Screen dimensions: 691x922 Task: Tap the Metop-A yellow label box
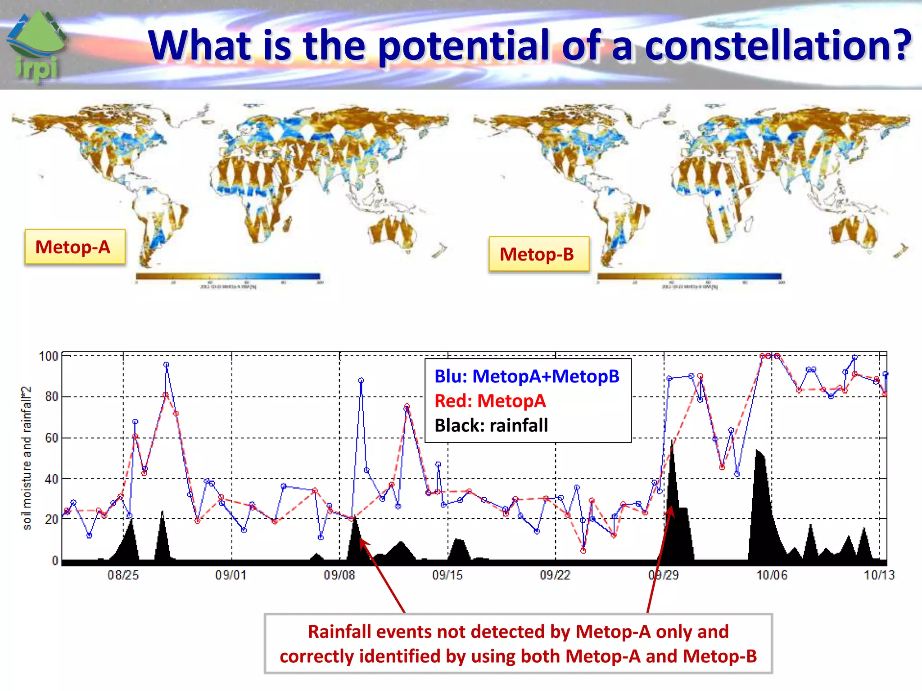pyautogui.click(x=75, y=247)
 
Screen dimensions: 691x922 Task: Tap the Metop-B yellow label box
pyautogui.click(x=538, y=255)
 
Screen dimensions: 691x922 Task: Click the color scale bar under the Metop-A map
pyautogui.click(x=228, y=276)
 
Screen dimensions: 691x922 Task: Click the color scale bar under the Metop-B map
pyautogui.click(x=689, y=276)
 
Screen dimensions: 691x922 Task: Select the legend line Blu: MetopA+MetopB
pyautogui.click(x=527, y=376)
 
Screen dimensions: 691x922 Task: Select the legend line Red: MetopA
pyautogui.click(x=490, y=401)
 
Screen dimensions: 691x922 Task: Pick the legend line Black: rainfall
pyautogui.click(x=491, y=426)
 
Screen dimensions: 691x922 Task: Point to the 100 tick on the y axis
pyautogui.click(x=49, y=357)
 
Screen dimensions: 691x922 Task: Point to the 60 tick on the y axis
pyautogui.click(x=51, y=438)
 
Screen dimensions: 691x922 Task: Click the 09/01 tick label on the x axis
pyautogui.click(x=231, y=575)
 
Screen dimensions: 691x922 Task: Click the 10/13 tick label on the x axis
pyautogui.click(x=879, y=575)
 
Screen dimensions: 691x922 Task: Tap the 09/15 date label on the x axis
pyautogui.click(x=447, y=575)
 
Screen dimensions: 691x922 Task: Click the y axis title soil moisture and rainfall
pyautogui.click(x=27, y=458)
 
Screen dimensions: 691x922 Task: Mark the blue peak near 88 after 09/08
pyautogui.click(x=361, y=381)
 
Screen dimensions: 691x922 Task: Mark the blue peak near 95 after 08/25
pyautogui.click(x=166, y=365)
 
